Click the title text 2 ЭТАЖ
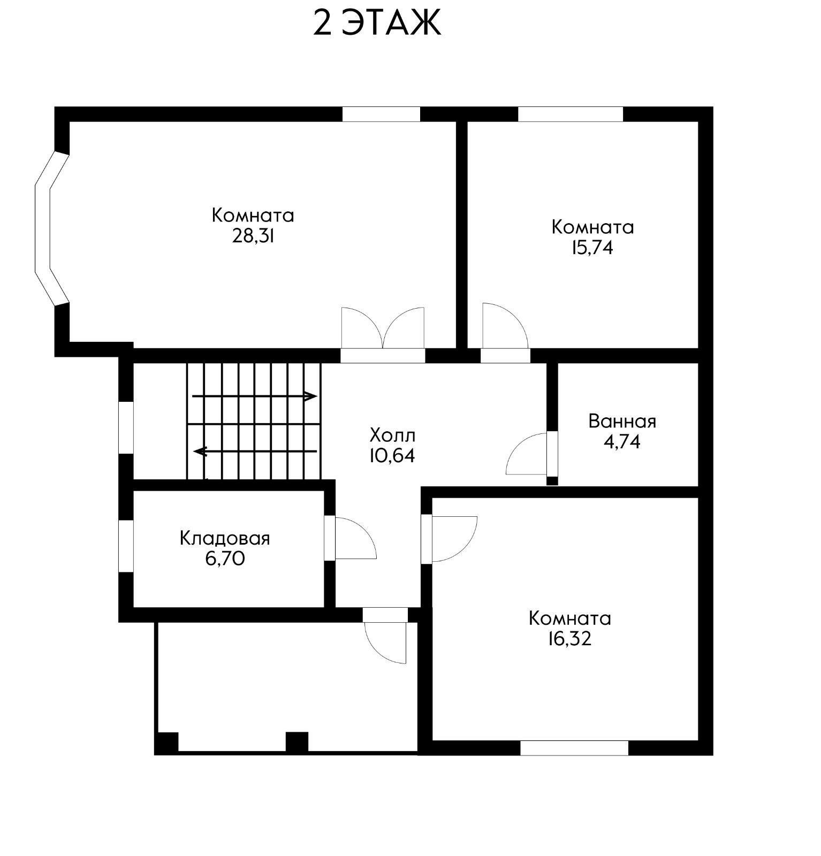coord(377,23)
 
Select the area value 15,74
coord(592,248)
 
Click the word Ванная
coord(622,422)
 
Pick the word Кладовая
coord(225,538)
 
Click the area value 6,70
coord(225,559)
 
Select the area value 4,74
coord(622,442)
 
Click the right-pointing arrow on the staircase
coord(255,396)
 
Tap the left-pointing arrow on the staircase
coord(255,452)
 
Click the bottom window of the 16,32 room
coord(574,748)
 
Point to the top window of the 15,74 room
coord(571,114)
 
